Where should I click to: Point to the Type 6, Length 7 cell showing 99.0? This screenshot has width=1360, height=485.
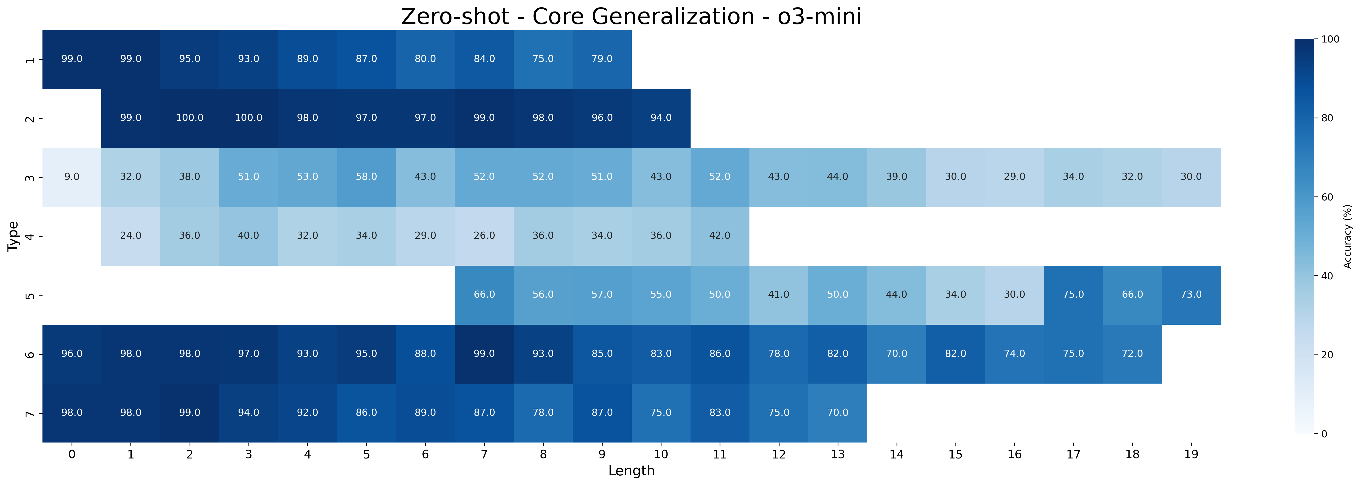[x=484, y=354]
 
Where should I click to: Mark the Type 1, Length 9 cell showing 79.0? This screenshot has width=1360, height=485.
[x=602, y=59]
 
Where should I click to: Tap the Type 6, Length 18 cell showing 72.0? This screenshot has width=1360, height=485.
[x=1132, y=354]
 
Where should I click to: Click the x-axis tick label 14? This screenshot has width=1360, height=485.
[x=896, y=454]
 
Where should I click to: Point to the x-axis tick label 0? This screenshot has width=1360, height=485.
[x=72, y=454]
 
